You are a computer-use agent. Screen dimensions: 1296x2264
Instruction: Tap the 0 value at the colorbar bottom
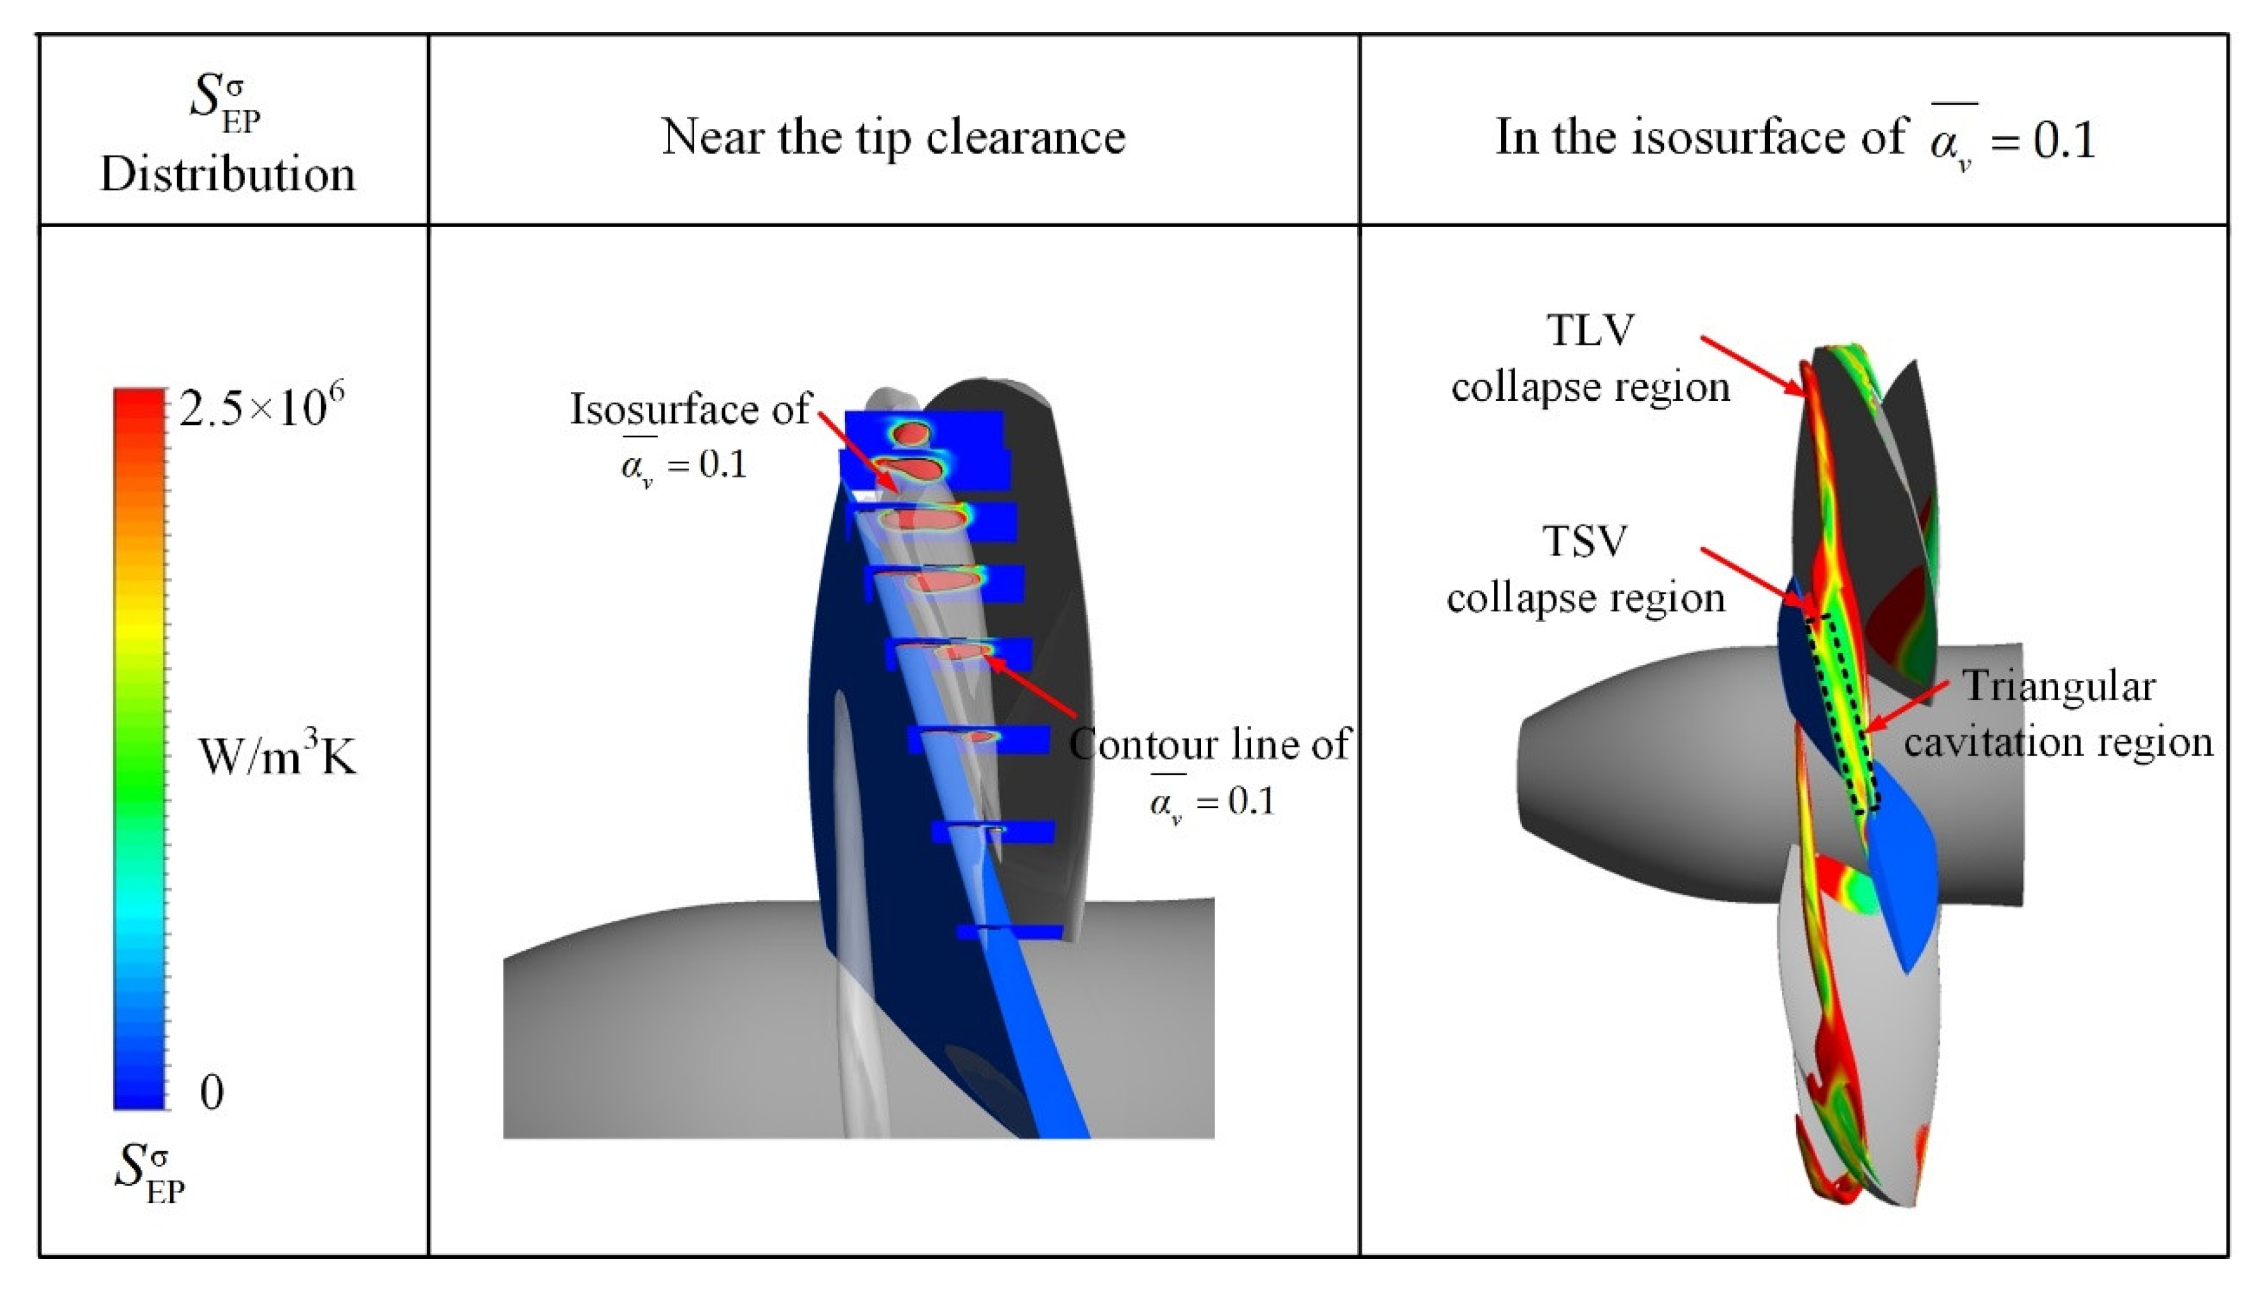212,1092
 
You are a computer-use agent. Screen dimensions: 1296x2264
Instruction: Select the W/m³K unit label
277,758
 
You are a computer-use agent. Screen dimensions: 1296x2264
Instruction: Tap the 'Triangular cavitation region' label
2057,713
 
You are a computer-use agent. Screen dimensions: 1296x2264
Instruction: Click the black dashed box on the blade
1842,712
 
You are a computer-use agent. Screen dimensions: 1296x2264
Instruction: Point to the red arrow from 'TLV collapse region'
1750,365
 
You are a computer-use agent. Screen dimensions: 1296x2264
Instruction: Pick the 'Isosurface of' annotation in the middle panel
690,410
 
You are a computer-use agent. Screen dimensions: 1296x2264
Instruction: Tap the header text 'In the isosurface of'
1701,138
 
